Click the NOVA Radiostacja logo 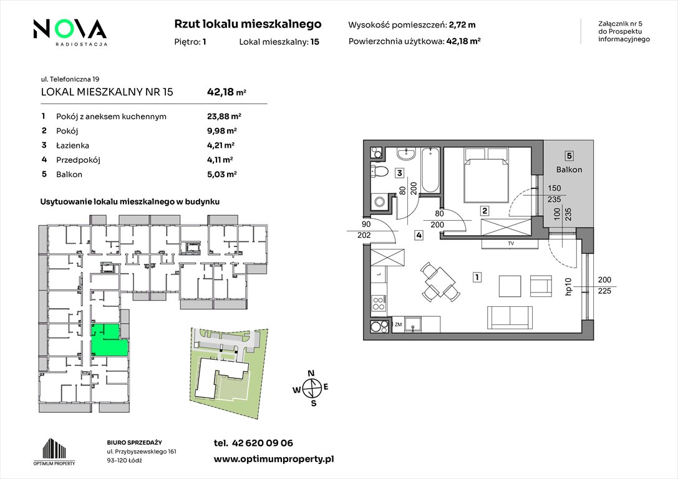pos(70,32)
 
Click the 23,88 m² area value pos(224,116)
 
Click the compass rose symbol pos(311,388)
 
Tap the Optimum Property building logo pos(54,452)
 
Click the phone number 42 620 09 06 pos(263,443)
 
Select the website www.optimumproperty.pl pos(274,459)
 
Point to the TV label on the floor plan pos(511,243)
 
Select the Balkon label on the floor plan pos(569,170)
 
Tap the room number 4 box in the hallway pos(419,235)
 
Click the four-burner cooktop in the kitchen pos(379,302)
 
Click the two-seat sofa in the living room pos(510,317)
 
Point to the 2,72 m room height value pos(462,25)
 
